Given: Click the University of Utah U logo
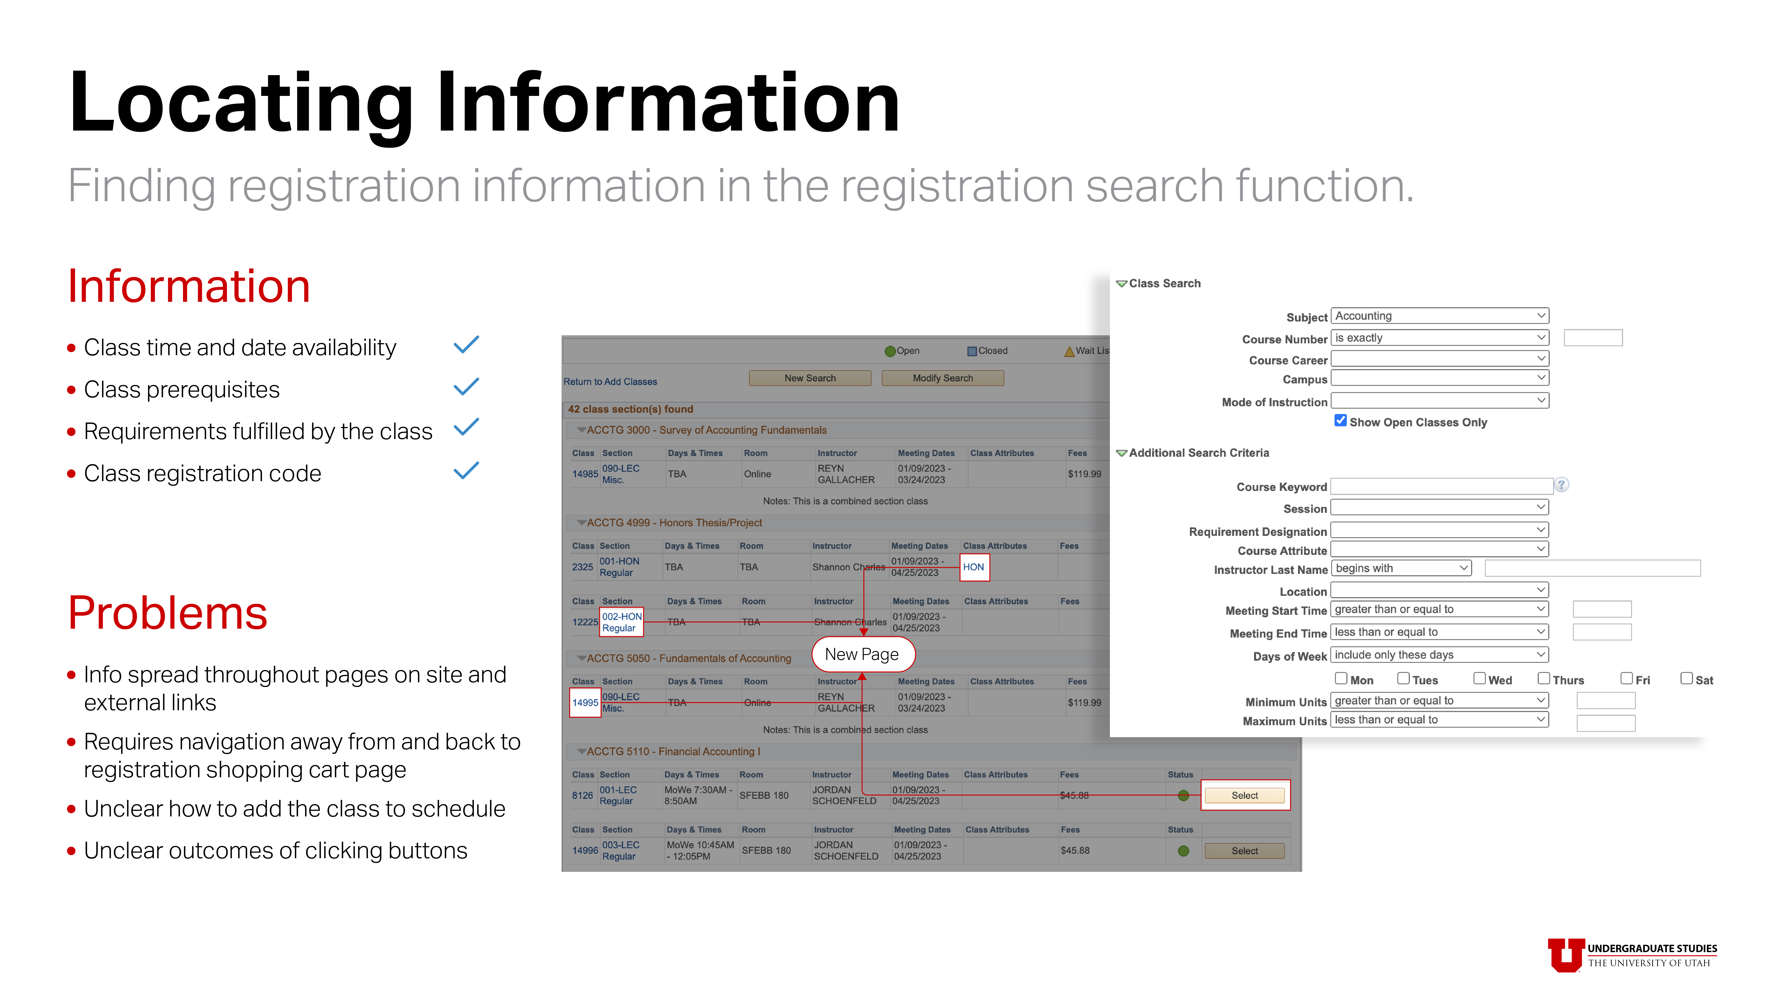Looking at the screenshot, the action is pos(1565,955).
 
